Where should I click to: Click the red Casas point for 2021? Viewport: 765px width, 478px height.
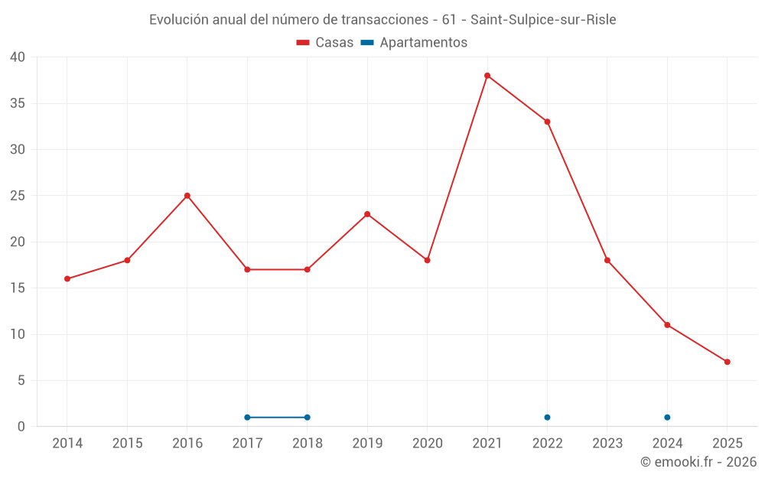coord(487,76)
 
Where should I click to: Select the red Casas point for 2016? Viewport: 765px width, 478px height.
coord(187,196)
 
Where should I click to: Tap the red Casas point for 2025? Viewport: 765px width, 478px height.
coord(728,362)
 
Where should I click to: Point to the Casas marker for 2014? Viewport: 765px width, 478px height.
coord(67,279)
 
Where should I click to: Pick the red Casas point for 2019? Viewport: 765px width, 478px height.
coord(367,214)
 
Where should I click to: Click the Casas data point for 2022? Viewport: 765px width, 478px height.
coord(548,122)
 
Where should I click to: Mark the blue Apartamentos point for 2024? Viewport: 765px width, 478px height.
coord(668,418)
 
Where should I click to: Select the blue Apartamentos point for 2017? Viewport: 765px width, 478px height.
coord(247,418)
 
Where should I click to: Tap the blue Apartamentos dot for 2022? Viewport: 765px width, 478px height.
coord(548,418)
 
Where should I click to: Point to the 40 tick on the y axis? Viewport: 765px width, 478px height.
coord(18,57)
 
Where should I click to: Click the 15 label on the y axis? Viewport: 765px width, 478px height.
coord(18,288)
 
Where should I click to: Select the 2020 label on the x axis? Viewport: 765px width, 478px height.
coord(428,444)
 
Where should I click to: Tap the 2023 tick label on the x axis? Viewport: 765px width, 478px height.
coord(607,444)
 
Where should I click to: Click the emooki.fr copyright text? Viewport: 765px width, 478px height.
coord(698,462)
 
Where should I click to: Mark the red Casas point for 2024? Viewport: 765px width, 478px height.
coord(668,325)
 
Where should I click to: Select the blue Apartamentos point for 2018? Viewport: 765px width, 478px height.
coord(308,418)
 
